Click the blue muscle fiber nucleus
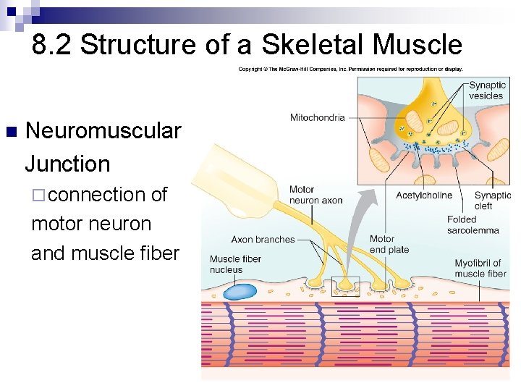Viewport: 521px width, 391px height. [x=239, y=291]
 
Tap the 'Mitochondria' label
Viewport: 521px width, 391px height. [x=317, y=117]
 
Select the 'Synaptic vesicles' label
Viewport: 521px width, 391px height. [x=487, y=91]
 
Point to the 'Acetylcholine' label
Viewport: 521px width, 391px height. [x=424, y=195]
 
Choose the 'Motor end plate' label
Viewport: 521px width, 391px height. [x=389, y=244]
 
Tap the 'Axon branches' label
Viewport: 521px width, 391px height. [x=263, y=240]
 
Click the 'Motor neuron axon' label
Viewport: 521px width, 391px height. [x=315, y=195]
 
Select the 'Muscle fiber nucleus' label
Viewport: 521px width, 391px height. [x=235, y=264]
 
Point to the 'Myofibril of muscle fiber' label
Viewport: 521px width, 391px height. [x=480, y=268]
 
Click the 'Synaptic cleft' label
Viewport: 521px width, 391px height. [x=493, y=201]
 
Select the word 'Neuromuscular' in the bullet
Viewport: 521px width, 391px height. [x=103, y=131]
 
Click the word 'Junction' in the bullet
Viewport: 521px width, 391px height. [x=67, y=164]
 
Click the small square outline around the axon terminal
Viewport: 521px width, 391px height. [x=345, y=287]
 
